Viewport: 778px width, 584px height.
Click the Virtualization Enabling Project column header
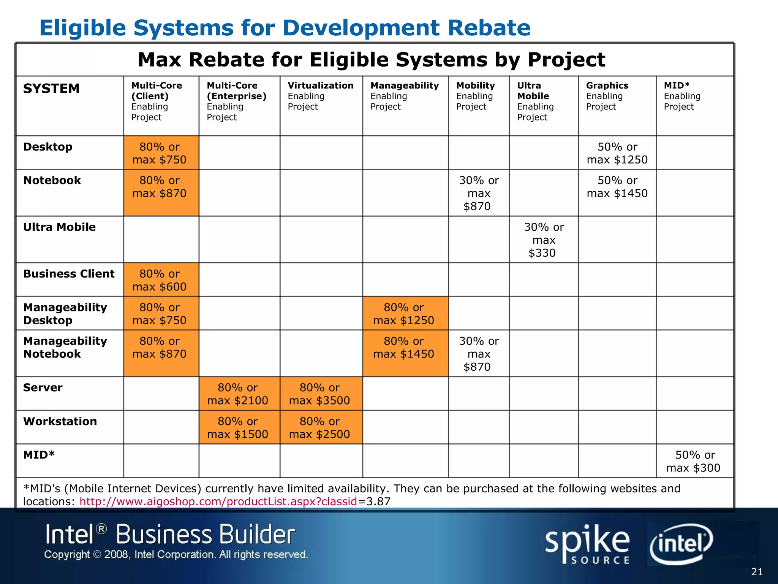[320, 96]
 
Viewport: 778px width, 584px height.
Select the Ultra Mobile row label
[59, 227]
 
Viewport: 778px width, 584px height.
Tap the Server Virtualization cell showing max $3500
[319, 394]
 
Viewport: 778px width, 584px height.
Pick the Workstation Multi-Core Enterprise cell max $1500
[237, 427]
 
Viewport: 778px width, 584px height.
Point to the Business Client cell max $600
[160, 280]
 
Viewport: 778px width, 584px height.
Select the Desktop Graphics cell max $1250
[617, 153]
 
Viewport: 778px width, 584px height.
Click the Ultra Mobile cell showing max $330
[544, 240]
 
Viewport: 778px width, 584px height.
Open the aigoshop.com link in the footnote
[218, 501]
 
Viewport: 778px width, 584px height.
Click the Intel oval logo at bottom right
[681, 543]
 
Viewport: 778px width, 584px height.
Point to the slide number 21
[757, 572]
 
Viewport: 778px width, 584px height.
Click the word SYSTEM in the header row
[51, 89]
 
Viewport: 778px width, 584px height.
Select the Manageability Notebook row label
[65, 347]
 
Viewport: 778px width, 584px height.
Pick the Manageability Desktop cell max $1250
[403, 314]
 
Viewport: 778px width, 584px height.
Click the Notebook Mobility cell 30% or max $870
[479, 193]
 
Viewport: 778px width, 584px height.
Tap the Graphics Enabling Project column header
[607, 96]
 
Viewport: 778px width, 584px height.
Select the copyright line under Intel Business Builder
[176, 554]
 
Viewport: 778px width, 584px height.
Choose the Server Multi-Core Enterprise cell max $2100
[237, 394]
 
